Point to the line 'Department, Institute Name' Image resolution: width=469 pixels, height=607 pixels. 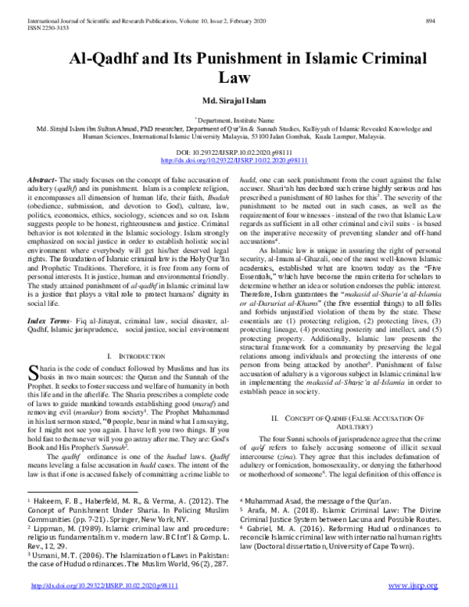click(x=234, y=120)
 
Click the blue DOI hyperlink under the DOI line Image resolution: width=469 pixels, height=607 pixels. click(x=234, y=159)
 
